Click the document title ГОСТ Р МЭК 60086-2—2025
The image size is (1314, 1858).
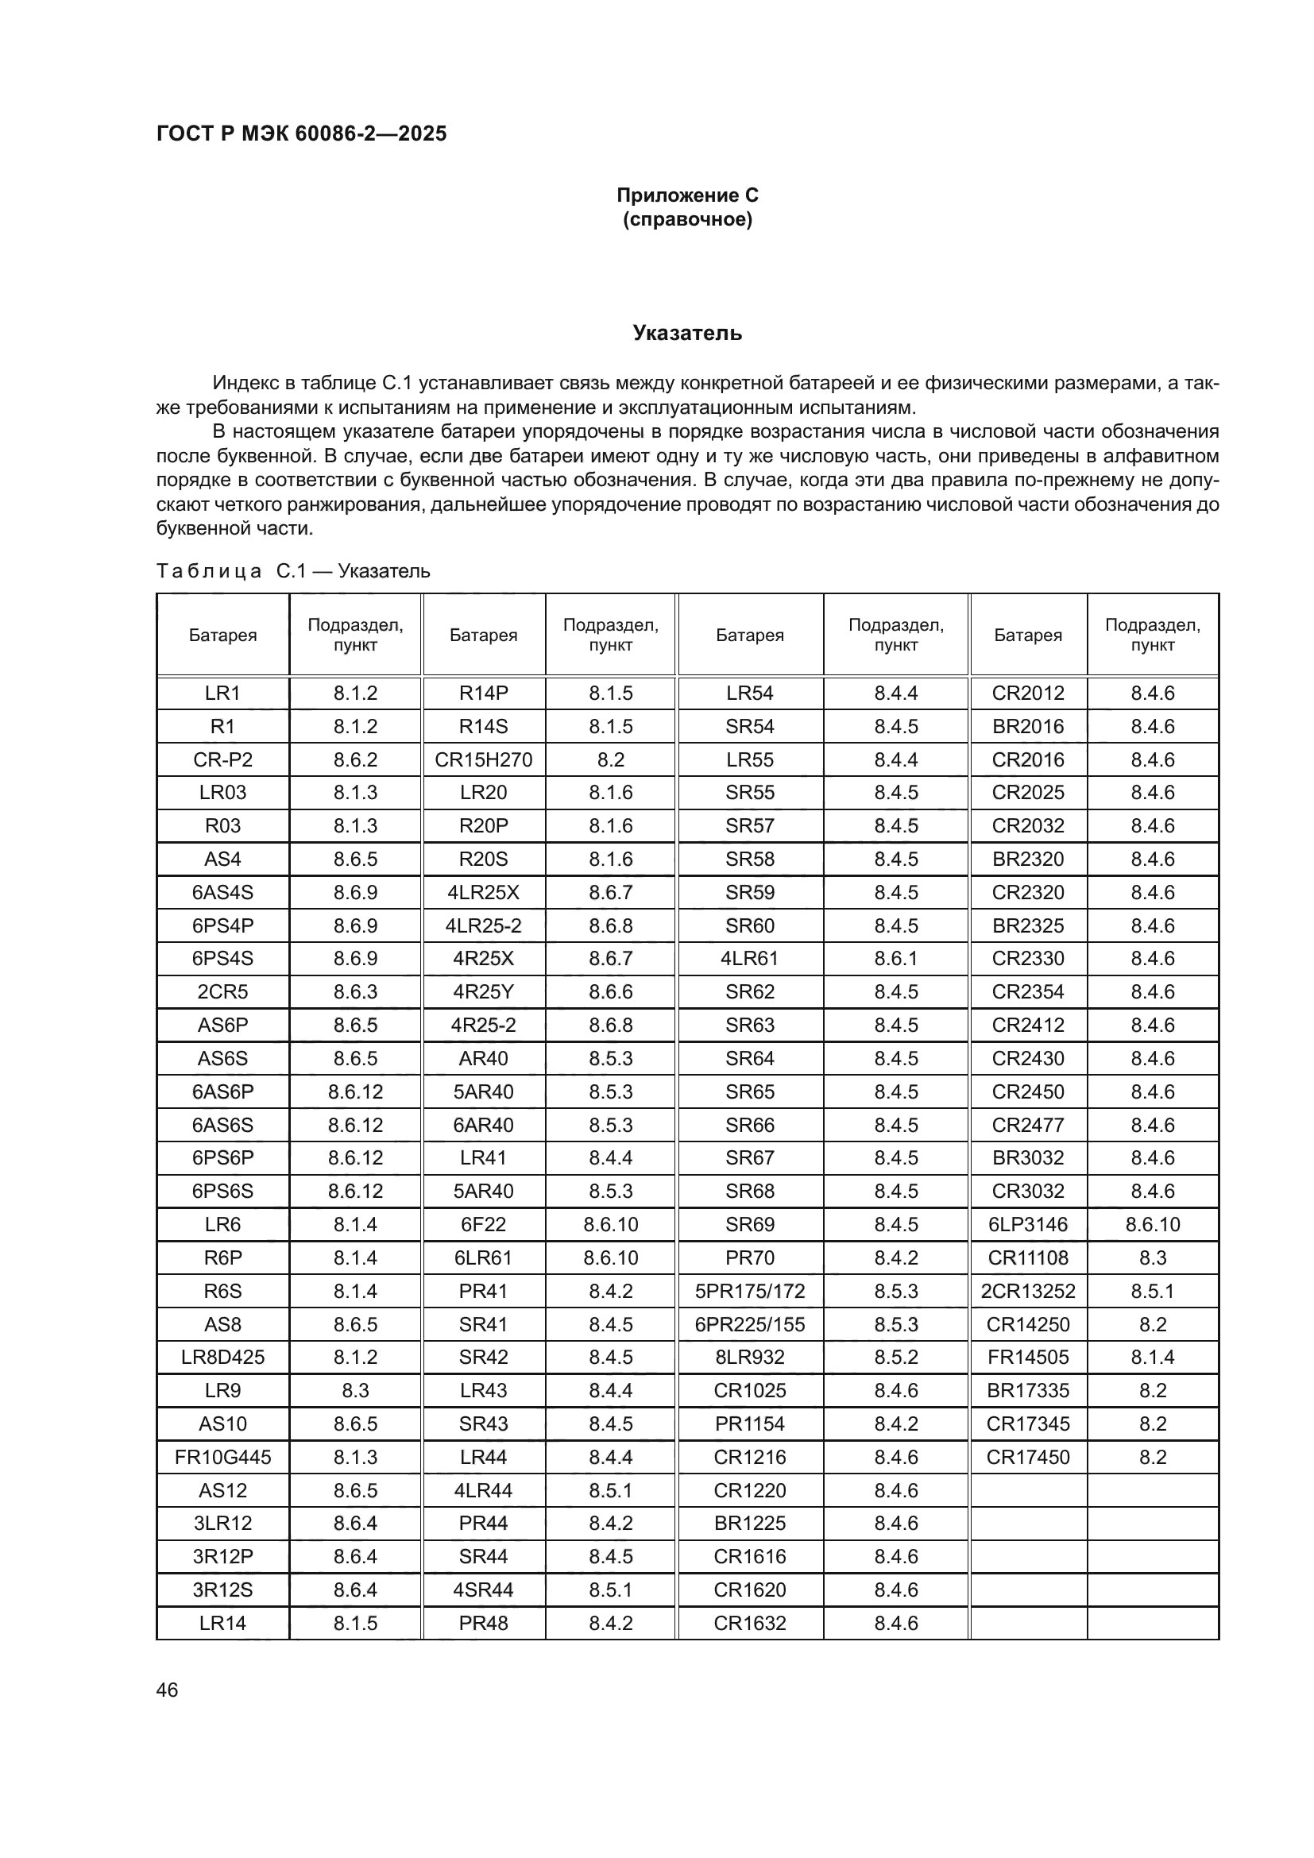coord(301,133)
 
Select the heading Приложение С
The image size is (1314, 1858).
coord(687,195)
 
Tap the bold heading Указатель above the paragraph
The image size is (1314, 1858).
coord(687,334)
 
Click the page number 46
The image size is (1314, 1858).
coord(167,1690)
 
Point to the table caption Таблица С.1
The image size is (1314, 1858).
coord(293,571)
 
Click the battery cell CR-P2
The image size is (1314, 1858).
coord(222,760)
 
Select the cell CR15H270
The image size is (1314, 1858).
coord(483,760)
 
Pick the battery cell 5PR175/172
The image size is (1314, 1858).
coord(749,1291)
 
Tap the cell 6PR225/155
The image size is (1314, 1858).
coord(749,1325)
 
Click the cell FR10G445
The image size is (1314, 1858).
coord(222,1458)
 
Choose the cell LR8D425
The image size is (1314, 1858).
coord(222,1357)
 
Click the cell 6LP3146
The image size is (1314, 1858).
coord(1027,1224)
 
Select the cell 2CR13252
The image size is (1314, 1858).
coord(1027,1291)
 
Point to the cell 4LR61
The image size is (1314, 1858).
coord(749,958)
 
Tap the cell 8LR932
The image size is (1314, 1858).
coord(749,1357)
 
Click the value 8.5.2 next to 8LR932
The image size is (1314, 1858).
coord(895,1357)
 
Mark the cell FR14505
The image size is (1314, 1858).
coord(1027,1357)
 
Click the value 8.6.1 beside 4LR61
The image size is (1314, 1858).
coord(895,958)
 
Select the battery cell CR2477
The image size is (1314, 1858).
coord(1027,1125)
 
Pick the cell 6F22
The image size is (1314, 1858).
coord(483,1224)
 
